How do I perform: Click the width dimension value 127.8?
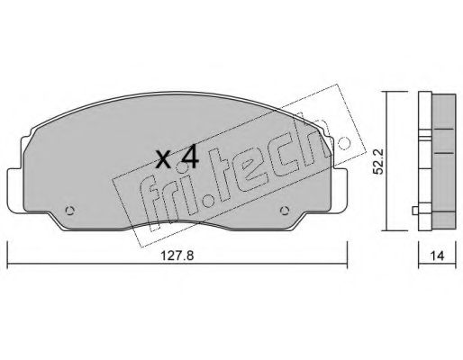[177, 256]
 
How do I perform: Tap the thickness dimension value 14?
[437, 256]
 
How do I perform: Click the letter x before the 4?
[164, 160]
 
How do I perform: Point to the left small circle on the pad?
[69, 211]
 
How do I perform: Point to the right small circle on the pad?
[285, 211]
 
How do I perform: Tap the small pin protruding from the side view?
[415, 211]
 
